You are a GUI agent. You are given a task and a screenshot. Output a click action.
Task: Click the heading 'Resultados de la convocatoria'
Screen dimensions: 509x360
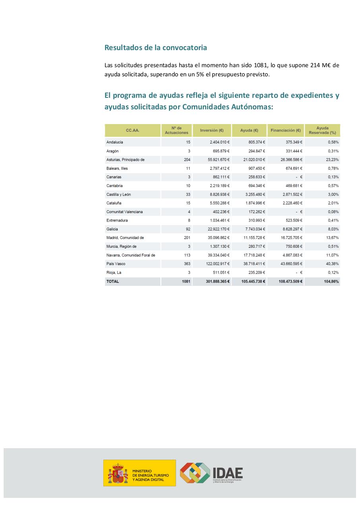pyautogui.click(x=155, y=47)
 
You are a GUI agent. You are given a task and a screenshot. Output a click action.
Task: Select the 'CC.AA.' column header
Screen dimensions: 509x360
pyautogui.click(x=133, y=130)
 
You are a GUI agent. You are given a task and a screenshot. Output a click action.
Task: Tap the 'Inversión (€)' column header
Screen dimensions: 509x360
pyautogui.click(x=212, y=130)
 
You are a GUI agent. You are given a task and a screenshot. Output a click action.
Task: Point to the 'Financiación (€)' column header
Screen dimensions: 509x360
pyautogui.click(x=285, y=130)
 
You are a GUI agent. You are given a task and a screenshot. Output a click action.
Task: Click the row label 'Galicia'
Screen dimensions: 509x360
pyautogui.click(x=112, y=229)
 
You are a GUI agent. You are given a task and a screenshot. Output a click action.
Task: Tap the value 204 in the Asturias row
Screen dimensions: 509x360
pyautogui.click(x=187, y=160)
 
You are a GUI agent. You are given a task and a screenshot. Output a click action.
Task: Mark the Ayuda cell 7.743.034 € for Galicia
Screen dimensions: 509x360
pyautogui.click(x=254, y=229)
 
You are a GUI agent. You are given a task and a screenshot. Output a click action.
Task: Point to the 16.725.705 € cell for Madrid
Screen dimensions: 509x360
pyautogui.click(x=289, y=238)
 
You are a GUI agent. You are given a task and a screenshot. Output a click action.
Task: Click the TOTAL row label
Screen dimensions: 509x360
pyautogui.click(x=112, y=281)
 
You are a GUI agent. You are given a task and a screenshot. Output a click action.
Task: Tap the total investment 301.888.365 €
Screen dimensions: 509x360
pyautogui.click(x=214, y=281)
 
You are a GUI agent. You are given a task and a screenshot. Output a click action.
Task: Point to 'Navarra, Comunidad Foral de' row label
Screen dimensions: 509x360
pyautogui.click(x=131, y=255)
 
